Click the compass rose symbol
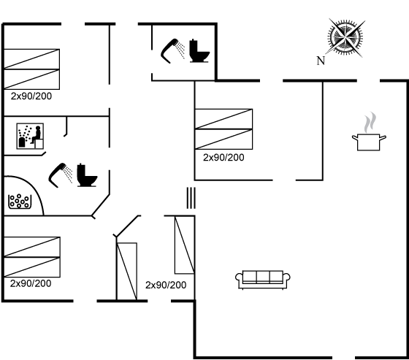[345, 38]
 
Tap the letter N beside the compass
[321, 61]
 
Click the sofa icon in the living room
[263, 280]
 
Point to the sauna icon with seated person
[30, 136]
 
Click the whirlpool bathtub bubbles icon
[20, 202]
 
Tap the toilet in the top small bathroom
[199, 51]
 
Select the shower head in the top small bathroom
[172, 51]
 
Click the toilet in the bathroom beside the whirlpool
[87, 175]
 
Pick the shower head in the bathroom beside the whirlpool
[61, 175]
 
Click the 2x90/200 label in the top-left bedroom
[31, 96]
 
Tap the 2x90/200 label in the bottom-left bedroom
[31, 283]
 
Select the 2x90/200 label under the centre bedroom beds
[223, 158]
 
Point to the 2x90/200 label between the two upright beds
[166, 285]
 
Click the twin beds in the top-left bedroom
[32, 69]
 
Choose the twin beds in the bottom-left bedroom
[32, 257]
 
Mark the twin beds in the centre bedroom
[223, 129]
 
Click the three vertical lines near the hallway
[191, 198]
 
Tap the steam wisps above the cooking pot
[370, 122]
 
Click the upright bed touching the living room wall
[184, 245]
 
